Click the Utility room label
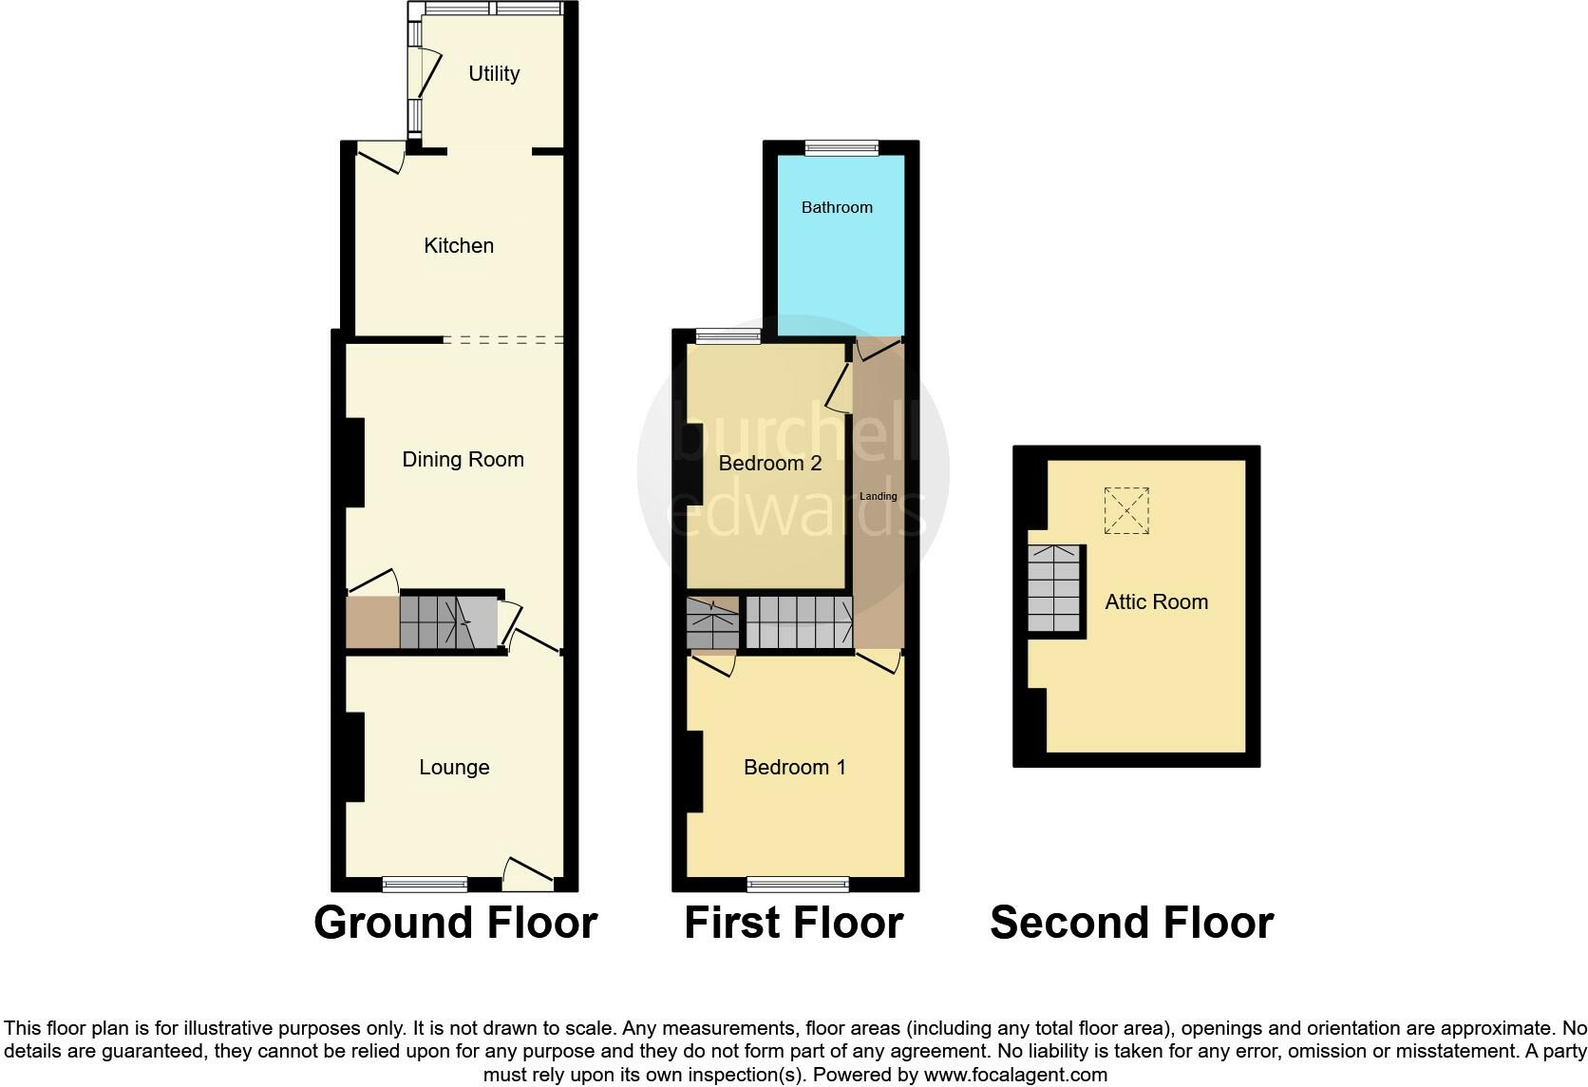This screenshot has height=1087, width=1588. (x=494, y=74)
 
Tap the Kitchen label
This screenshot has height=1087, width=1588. (x=459, y=246)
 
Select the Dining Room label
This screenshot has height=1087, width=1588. (x=463, y=460)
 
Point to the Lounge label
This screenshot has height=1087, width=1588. (x=454, y=768)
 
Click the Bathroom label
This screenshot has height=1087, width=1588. (x=837, y=208)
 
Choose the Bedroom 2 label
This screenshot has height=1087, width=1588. (x=769, y=464)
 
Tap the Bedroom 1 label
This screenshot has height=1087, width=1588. (x=794, y=768)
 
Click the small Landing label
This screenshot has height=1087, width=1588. (x=878, y=497)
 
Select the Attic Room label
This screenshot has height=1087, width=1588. (x=1156, y=602)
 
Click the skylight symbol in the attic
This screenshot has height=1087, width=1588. (x=1126, y=511)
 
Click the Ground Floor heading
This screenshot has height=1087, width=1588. (x=455, y=924)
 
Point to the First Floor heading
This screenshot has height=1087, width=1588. (x=793, y=924)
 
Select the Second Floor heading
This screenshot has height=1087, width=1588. (x=1131, y=924)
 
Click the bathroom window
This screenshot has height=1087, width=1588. (x=841, y=147)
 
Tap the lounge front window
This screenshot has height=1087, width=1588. (x=425, y=885)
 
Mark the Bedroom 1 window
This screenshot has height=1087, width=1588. (x=798, y=885)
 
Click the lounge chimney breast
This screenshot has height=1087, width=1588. (x=354, y=757)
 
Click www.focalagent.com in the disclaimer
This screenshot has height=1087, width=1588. (x=1015, y=1076)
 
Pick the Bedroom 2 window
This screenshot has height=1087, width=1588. (x=728, y=335)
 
